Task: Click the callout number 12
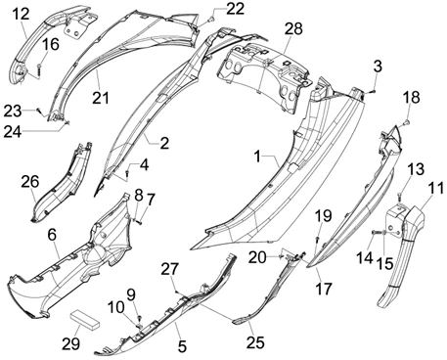point(22,14)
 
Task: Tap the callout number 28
point(293,28)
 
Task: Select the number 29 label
point(71,343)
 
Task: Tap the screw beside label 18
point(407,122)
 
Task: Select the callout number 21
point(100,97)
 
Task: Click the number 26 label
point(30,182)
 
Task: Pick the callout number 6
point(52,234)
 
